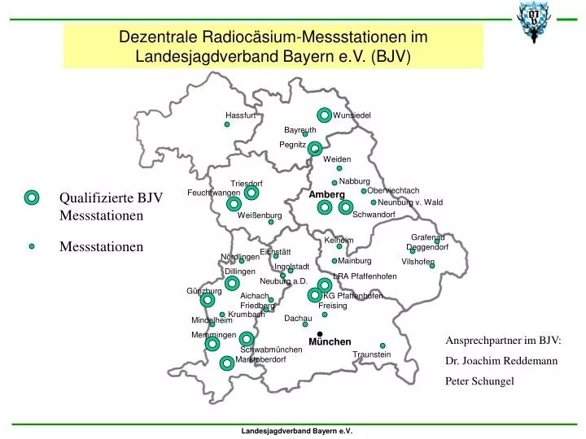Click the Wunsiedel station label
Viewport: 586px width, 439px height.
(x=352, y=115)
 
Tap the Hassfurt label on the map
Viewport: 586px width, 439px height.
(x=241, y=115)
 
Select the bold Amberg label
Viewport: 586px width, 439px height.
(x=326, y=195)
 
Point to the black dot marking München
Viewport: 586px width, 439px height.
(x=321, y=333)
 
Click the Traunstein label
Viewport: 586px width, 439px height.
(x=372, y=354)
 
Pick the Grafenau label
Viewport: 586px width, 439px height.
(x=427, y=237)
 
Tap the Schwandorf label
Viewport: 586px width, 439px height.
(x=374, y=215)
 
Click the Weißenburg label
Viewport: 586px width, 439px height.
(x=260, y=215)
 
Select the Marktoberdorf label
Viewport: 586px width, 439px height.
(x=260, y=359)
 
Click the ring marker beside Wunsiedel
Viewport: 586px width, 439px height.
(x=324, y=115)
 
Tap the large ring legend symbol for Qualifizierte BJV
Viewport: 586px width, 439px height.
(x=32, y=198)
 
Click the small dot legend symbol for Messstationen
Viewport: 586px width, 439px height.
(x=32, y=246)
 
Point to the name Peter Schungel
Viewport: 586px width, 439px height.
(x=479, y=380)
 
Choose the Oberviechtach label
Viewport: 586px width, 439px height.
(x=393, y=190)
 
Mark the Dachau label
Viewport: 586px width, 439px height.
(x=298, y=318)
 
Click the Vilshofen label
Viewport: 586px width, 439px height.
(x=418, y=262)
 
